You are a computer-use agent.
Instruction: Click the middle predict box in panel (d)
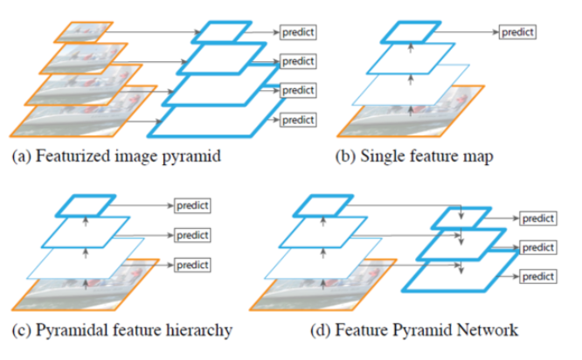pyautogui.click(x=537, y=248)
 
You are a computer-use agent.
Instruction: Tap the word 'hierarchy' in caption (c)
pyautogui.click(x=197, y=330)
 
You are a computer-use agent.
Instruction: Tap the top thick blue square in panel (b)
pyautogui.click(x=407, y=32)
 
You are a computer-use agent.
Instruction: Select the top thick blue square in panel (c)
pyautogui.click(x=85, y=206)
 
